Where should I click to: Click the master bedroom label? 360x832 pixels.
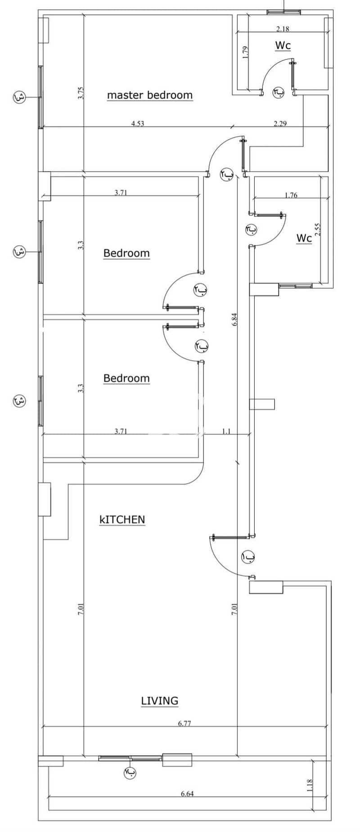[x=150, y=95]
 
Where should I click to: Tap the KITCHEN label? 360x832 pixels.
[x=122, y=520]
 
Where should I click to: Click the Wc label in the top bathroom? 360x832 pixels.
[x=283, y=45]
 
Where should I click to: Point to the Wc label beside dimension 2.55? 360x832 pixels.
[x=304, y=238]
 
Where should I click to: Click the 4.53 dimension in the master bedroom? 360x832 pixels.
[x=138, y=123]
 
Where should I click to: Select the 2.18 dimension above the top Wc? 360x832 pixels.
[x=283, y=29]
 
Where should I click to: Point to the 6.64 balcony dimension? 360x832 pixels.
[x=187, y=794]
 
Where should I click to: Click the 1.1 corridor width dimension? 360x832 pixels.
[x=226, y=431]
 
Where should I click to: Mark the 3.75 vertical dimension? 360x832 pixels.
[x=81, y=93]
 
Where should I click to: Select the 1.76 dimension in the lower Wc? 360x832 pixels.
[x=291, y=195]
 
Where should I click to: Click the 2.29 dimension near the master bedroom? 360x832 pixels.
[x=280, y=123]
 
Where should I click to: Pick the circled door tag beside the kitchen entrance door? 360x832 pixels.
[x=248, y=557]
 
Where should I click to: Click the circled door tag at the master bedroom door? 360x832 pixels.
[x=226, y=174]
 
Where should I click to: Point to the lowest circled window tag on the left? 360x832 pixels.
[x=19, y=400]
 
